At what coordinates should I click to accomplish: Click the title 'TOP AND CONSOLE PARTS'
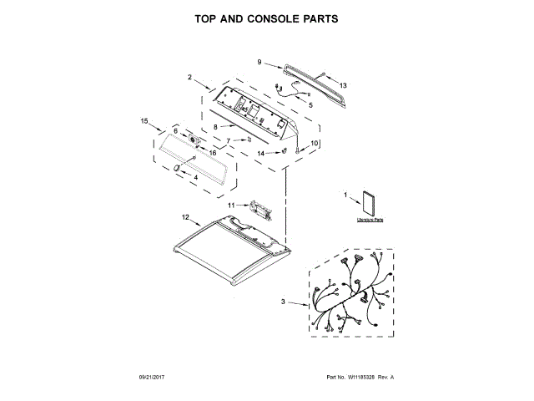tap(266, 18)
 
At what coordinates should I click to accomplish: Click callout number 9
tap(259, 62)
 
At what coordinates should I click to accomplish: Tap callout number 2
tap(190, 78)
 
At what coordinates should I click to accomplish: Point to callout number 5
tap(310, 105)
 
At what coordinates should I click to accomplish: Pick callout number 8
tap(214, 127)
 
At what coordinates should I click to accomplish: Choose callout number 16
tap(213, 153)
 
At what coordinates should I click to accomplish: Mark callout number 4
tap(195, 177)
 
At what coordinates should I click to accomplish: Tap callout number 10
tap(315, 144)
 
